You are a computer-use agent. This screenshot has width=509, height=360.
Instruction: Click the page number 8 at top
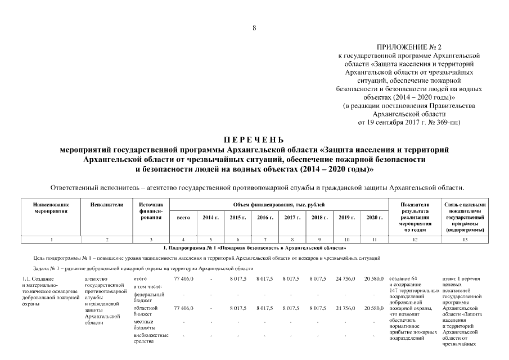(x=254, y=28)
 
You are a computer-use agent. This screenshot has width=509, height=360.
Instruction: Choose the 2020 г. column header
(x=374, y=217)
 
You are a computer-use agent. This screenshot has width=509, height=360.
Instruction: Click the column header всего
(x=183, y=217)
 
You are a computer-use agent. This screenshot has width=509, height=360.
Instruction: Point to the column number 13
(x=465, y=240)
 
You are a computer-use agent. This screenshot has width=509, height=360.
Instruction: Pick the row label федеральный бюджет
(x=148, y=297)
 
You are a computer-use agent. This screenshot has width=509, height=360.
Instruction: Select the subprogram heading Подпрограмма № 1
(x=254, y=247)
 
